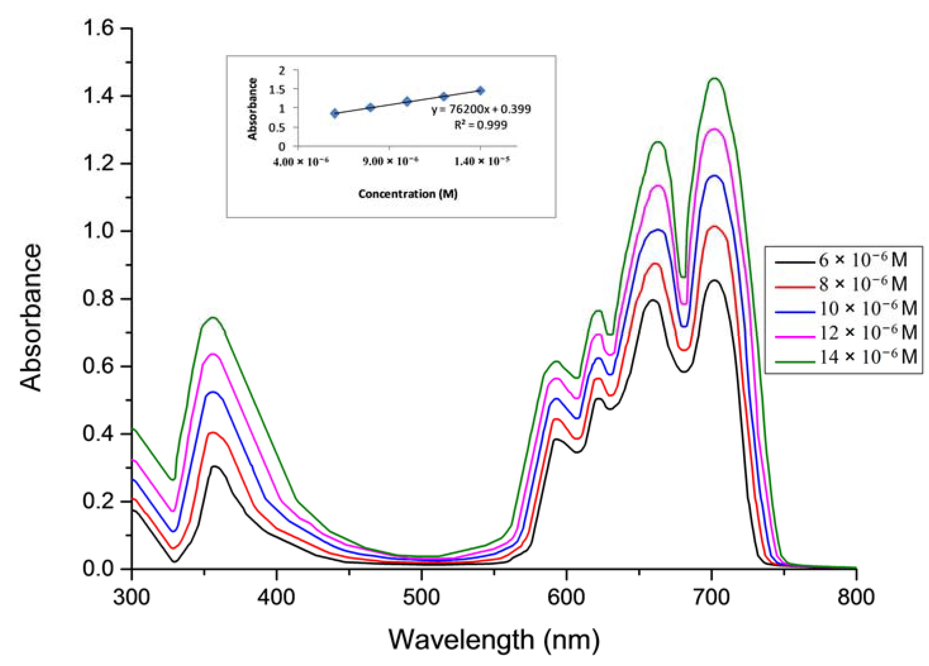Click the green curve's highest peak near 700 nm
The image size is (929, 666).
pyautogui.click(x=715, y=79)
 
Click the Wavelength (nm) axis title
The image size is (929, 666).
pyautogui.click(x=493, y=639)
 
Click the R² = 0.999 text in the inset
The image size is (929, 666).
pyautogui.click(x=480, y=125)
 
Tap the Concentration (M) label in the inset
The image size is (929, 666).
pyautogui.click(x=408, y=194)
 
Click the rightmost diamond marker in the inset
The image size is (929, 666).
pyautogui.click(x=480, y=90)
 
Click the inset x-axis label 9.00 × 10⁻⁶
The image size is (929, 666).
pyautogui.click(x=390, y=162)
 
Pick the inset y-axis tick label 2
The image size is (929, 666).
pyautogui.click(x=281, y=71)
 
